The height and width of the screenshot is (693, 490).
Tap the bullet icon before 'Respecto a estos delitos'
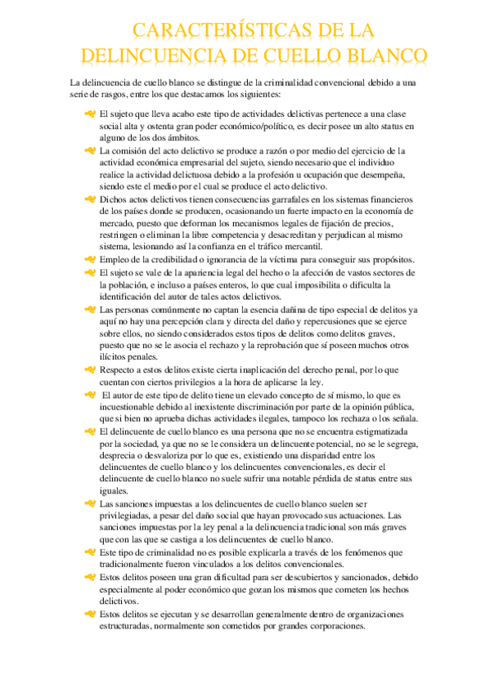pyautogui.click(x=89, y=370)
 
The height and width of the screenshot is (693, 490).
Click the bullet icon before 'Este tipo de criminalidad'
pyautogui.click(x=89, y=552)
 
